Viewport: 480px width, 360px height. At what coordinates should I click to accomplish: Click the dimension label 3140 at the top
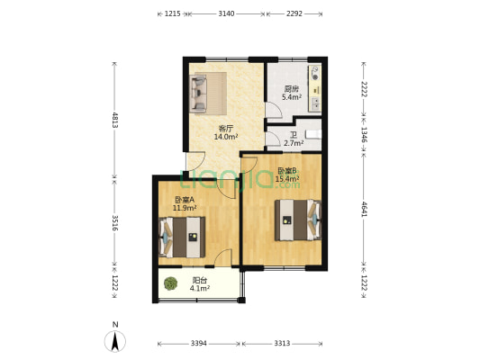click(226, 13)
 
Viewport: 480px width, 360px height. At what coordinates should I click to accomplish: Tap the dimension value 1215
click(173, 13)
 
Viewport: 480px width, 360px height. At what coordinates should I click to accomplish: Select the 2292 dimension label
click(294, 13)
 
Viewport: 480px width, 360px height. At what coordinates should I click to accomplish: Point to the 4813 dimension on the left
click(114, 120)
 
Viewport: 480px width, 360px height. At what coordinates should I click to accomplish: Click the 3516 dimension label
click(114, 222)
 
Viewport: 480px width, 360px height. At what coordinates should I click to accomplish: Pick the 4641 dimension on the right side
click(364, 209)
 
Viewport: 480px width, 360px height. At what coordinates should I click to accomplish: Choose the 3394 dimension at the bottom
click(199, 344)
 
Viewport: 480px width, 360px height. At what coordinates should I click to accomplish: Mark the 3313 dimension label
click(282, 344)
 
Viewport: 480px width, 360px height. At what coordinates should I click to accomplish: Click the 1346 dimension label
click(364, 135)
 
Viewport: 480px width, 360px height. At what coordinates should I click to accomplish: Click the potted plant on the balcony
click(170, 283)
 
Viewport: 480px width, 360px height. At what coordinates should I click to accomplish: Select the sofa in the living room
click(198, 93)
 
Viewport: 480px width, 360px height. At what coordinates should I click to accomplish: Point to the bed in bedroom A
click(182, 237)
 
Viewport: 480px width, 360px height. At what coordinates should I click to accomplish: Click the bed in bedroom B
click(298, 220)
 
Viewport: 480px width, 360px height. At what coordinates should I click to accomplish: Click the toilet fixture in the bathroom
click(313, 135)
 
